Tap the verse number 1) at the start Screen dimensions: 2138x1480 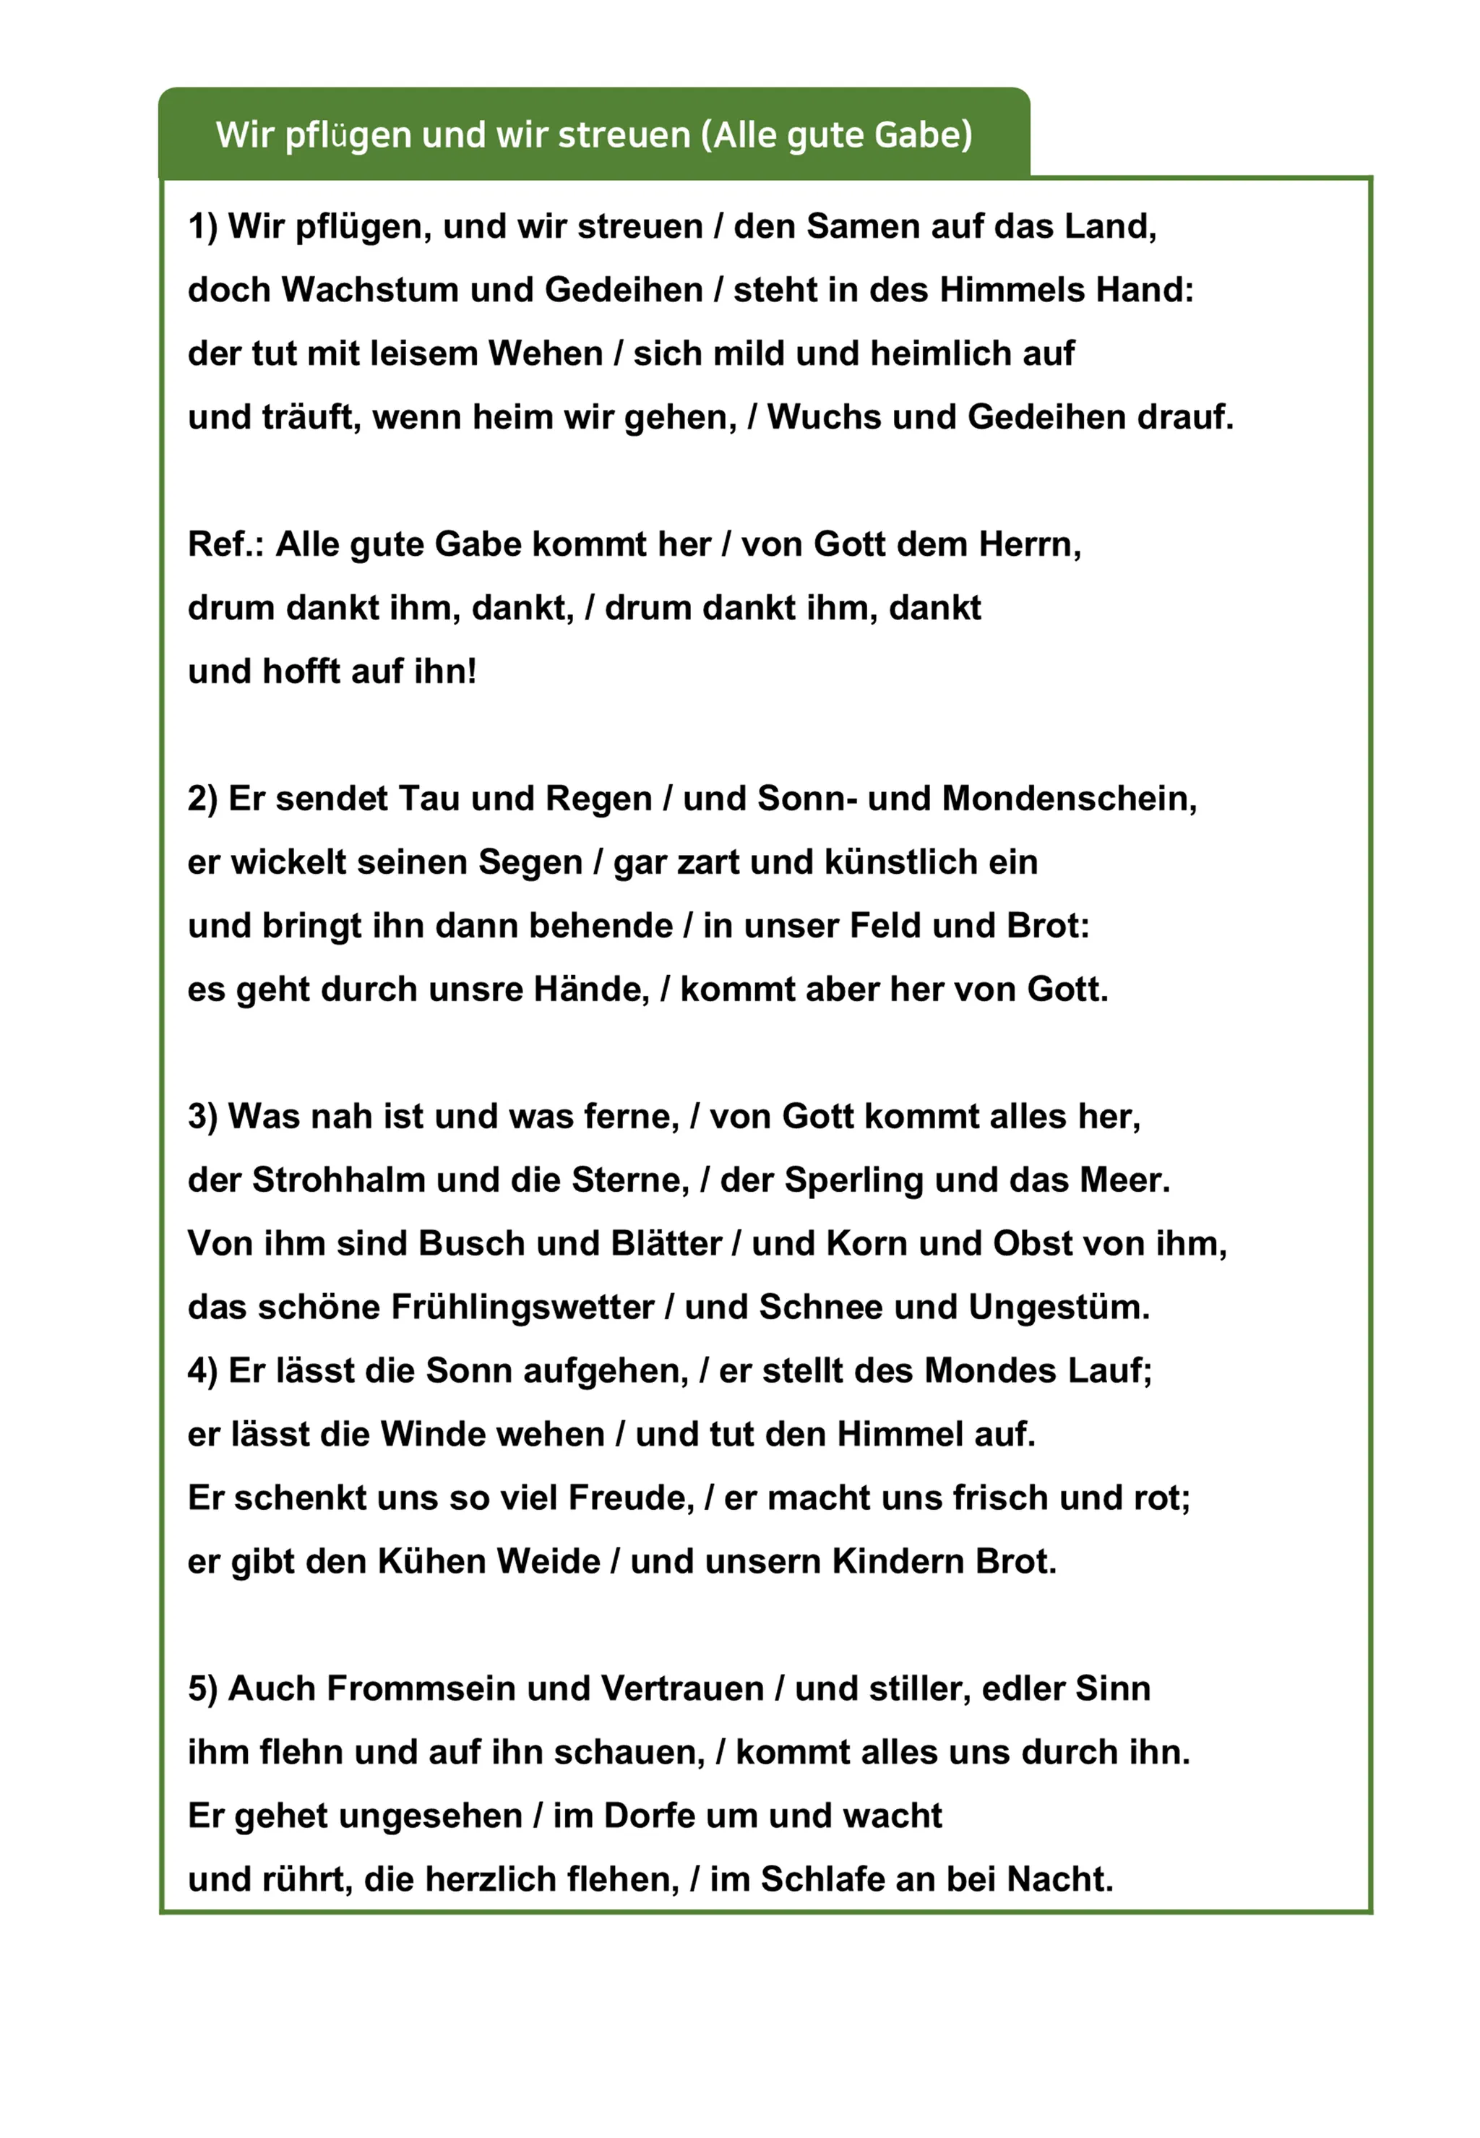202,227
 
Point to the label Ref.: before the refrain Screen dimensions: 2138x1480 225,544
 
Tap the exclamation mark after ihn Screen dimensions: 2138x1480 472,671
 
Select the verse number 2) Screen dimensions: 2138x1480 202,799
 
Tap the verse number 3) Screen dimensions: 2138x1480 202,1117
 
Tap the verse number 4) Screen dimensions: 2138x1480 202,1371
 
